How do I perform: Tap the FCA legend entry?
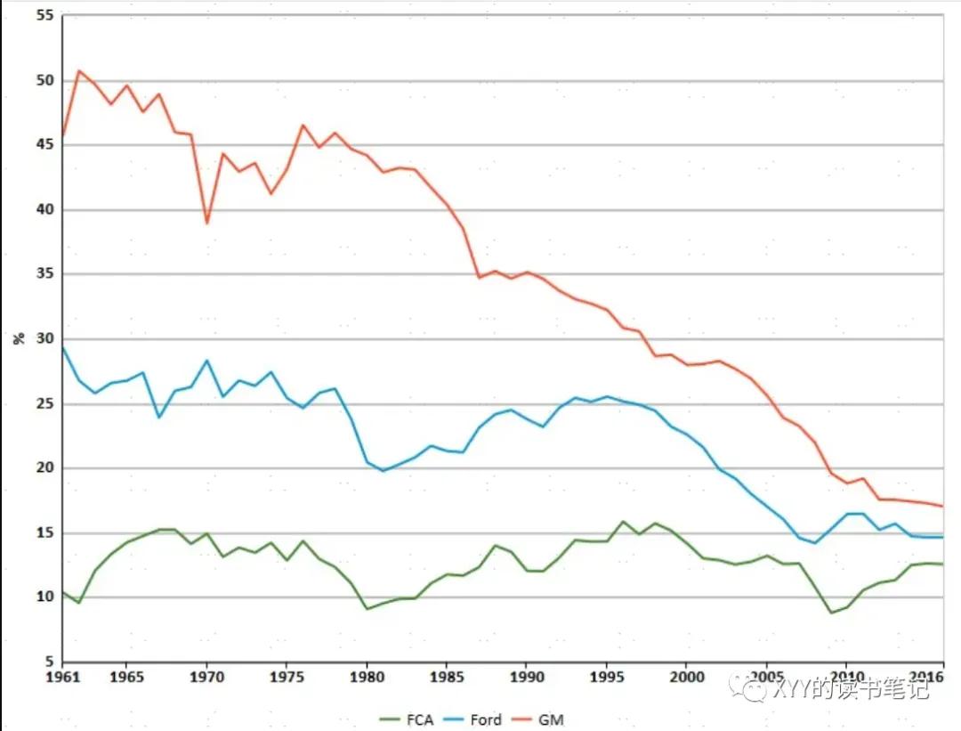pos(407,719)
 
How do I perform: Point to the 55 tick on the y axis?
pos(45,15)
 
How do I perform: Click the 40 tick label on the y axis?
pos(45,210)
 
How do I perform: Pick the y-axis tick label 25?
pos(45,403)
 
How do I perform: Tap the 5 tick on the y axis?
pos(50,661)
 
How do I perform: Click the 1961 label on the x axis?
pos(63,677)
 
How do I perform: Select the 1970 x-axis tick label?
pos(206,677)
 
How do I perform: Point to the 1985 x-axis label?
pos(446,677)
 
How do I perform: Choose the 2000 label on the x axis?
pos(686,677)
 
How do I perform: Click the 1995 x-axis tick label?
pos(607,677)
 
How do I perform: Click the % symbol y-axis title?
pos(19,338)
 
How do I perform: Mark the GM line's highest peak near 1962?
pos(78,70)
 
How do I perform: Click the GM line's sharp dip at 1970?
pos(207,223)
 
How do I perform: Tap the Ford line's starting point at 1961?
pos(62,348)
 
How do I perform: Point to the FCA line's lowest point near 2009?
pos(831,613)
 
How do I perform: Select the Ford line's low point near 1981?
pos(383,471)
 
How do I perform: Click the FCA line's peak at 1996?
pos(623,522)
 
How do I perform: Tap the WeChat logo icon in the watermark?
pos(749,687)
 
